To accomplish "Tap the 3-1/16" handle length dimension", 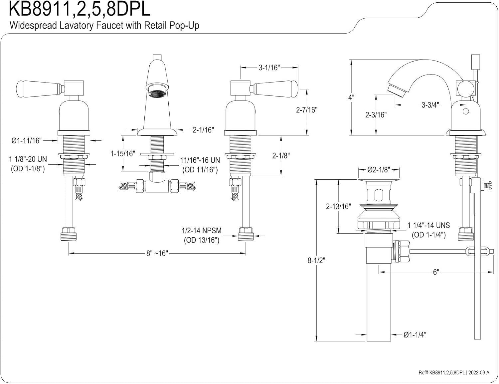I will click(269, 68).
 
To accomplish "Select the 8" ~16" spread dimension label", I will click(157, 253).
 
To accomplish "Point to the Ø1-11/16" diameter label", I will click(27, 141).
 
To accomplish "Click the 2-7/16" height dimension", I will click(307, 109).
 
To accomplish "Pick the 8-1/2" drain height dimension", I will click(316, 261).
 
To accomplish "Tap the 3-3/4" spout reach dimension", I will click(430, 105).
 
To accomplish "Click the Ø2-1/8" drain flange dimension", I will click(379, 170).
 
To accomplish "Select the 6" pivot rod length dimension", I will click(436, 272).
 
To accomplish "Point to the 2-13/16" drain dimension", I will click(338, 206).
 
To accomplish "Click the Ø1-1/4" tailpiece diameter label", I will click(415, 335).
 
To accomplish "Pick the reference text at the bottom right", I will click(454, 373).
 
